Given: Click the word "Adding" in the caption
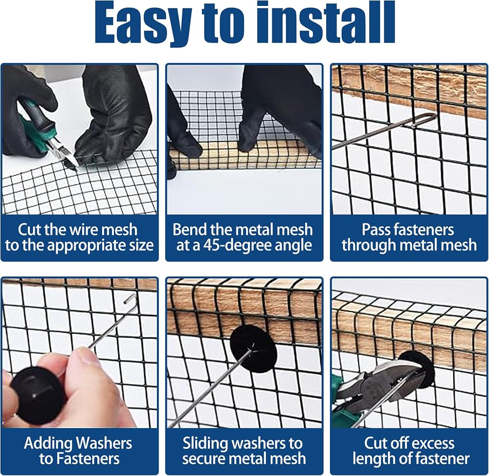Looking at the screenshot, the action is pyautogui.click(x=48, y=443).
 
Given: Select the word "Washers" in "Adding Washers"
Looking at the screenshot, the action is pyautogui.click(x=104, y=443).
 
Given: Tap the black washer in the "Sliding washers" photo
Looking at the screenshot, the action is pyautogui.click(x=253, y=349).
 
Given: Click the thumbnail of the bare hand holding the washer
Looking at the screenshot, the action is pyautogui.click(x=80, y=353).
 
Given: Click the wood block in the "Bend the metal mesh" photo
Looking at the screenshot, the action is pyautogui.click(x=245, y=155).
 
